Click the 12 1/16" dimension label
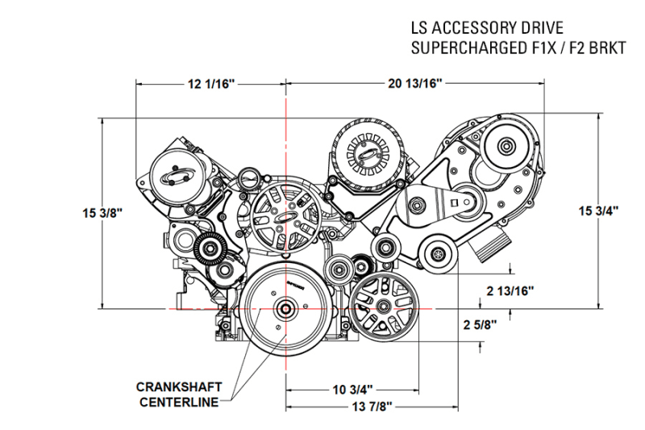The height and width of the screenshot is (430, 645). click(x=210, y=83)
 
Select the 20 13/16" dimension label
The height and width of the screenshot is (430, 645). click(x=416, y=83)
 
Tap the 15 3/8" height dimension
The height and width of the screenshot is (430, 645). click(x=102, y=213)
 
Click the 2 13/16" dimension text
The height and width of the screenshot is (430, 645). click(x=510, y=290)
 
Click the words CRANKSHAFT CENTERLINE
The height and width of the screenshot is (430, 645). click(x=179, y=393)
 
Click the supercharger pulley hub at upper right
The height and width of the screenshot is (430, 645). click(x=507, y=146)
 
